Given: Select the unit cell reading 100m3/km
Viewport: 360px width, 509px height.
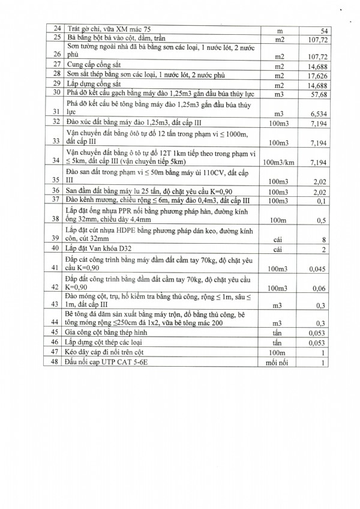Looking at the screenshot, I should click(x=278, y=162).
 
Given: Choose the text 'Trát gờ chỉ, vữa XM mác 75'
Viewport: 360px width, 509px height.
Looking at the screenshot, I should click(x=110, y=29).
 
